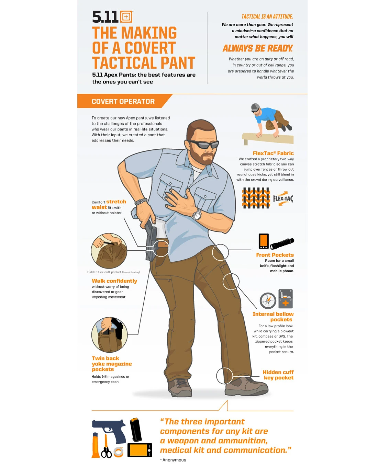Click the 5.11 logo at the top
pos(112,17)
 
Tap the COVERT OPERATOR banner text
pos(123,101)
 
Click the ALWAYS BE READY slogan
pos(258,48)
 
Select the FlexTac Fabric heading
pos(273,153)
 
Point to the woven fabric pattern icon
pos(256,198)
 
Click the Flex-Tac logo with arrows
pos(283,198)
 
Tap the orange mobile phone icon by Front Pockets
pos(263,241)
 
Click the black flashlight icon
pos(282,243)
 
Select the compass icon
pos(268,300)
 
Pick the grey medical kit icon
pos(285,299)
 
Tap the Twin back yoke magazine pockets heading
pos(111,364)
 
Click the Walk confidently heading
pos(114,281)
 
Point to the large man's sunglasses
pos(203,144)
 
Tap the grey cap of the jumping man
pos(255,107)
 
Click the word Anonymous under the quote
pos(174,460)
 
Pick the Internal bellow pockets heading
pos(273,317)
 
